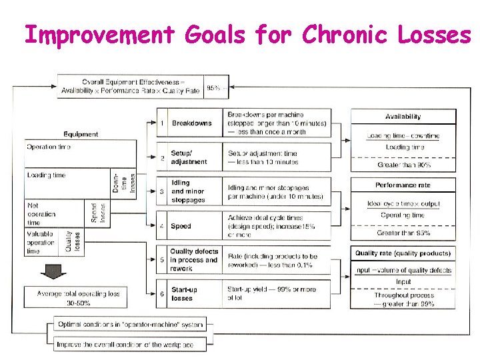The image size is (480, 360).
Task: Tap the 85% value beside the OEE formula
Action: (213, 87)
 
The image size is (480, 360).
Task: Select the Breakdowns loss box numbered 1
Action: (191, 123)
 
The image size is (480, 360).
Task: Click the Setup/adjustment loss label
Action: (189, 157)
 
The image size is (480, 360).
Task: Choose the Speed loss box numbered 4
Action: (181, 226)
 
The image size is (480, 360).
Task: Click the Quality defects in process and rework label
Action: (193, 260)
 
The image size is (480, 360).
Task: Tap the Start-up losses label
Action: (185, 294)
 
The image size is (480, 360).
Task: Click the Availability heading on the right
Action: (403, 117)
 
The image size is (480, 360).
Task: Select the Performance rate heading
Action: (403, 185)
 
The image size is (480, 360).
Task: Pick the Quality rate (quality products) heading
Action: (403, 253)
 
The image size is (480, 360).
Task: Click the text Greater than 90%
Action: (403, 165)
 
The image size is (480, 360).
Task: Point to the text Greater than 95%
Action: (403, 233)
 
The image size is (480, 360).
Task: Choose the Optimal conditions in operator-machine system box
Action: (128, 325)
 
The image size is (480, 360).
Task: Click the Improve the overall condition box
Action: (128, 344)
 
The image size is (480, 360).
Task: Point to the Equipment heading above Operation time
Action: (81, 134)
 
